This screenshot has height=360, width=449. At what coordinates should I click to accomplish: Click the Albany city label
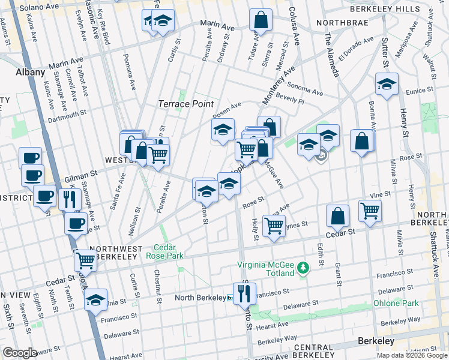tap(30, 72)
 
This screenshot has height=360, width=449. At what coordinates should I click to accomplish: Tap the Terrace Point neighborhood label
tap(185, 104)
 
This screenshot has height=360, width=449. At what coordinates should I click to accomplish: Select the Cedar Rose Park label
tap(164, 251)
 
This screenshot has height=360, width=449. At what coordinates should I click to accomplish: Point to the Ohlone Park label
tap(397, 303)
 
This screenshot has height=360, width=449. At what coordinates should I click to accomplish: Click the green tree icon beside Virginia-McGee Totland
tap(304, 266)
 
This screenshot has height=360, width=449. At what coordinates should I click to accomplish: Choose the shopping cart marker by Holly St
tap(274, 226)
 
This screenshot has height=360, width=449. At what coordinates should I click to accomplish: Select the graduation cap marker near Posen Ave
tap(223, 129)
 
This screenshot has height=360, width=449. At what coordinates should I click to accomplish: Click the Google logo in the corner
tap(20, 353)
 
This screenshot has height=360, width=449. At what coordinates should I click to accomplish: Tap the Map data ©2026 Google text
tap(412, 355)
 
